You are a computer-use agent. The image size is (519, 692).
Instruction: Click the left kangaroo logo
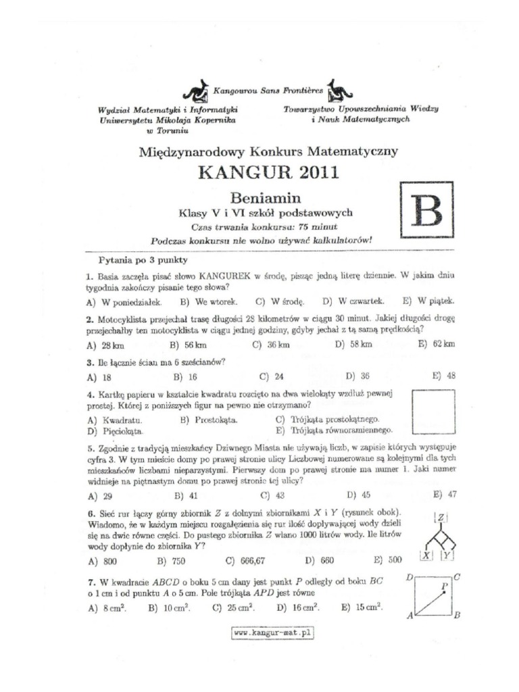point(196,90)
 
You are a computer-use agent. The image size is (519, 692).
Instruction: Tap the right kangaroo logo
point(336,90)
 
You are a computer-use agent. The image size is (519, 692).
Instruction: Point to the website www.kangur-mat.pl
point(273,633)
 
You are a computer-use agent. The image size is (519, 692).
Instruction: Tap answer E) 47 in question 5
point(445,494)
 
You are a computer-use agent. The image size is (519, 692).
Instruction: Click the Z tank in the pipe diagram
point(440,518)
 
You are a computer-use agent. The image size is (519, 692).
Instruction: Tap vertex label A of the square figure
point(410,616)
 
